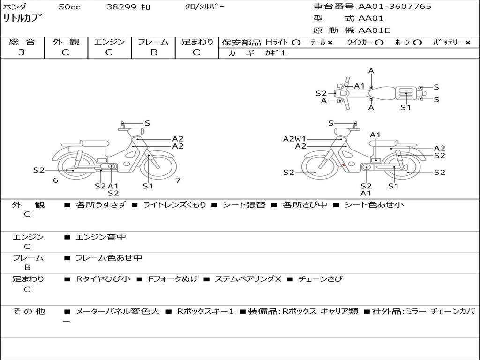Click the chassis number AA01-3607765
[x=395, y=7]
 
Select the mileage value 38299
[x=121, y=7]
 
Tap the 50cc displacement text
[x=69, y=7]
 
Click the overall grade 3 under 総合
[x=22, y=52]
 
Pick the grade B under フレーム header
[x=154, y=52]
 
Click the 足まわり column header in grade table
[x=197, y=42]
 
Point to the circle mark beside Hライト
[x=296, y=43]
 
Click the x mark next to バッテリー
[x=468, y=43]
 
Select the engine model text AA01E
[x=374, y=30]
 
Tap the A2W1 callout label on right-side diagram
[x=294, y=139]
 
